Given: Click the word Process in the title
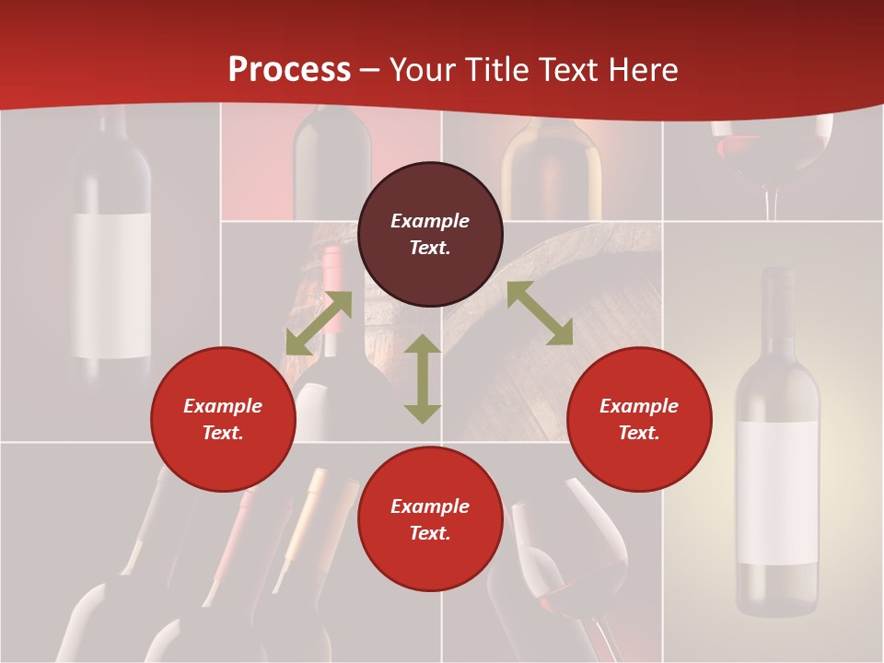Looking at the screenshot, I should pyautogui.click(x=289, y=69).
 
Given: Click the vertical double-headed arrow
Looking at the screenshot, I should pyautogui.click(x=423, y=378).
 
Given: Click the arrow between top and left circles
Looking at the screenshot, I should pyautogui.click(x=319, y=323).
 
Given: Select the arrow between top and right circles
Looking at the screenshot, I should pyautogui.click(x=540, y=313).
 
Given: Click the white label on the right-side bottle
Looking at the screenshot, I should pyautogui.click(x=777, y=493).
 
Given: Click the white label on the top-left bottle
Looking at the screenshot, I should pyautogui.click(x=111, y=285).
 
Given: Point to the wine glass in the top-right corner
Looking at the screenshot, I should pyautogui.click(x=772, y=157).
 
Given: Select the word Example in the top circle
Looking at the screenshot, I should pyautogui.click(x=430, y=221).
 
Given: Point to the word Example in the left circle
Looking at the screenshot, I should pyautogui.click(x=223, y=406).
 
